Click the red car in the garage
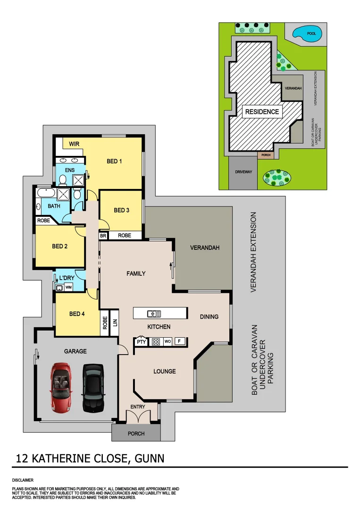click(61, 388)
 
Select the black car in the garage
click(92, 388)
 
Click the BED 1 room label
click(114, 161)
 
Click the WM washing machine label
click(68, 287)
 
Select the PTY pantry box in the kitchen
click(141, 342)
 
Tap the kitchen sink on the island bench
click(154, 313)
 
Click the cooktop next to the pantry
click(155, 342)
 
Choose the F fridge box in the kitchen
click(179, 341)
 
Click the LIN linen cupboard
click(114, 323)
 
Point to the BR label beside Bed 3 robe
click(103, 235)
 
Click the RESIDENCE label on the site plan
click(262, 112)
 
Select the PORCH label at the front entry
click(136, 433)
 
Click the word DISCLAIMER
click(23, 480)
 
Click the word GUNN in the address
click(150, 458)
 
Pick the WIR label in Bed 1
click(74, 144)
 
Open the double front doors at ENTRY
click(138, 416)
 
